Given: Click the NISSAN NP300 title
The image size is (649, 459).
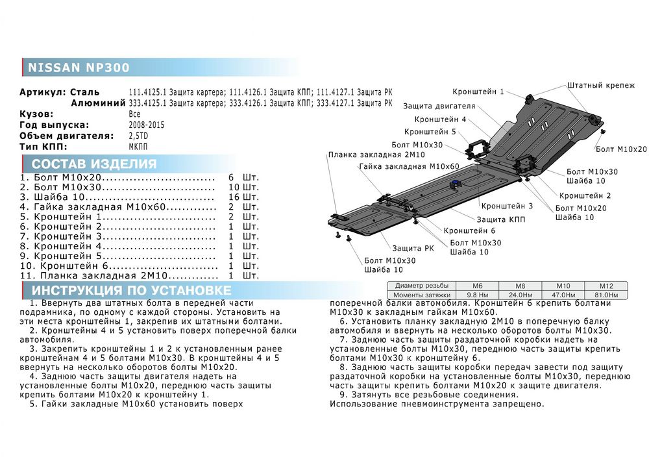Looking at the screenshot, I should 78,68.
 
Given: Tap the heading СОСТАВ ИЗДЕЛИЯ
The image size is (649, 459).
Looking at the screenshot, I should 94,164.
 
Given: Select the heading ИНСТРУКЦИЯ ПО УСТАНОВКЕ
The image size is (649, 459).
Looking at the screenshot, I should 132,290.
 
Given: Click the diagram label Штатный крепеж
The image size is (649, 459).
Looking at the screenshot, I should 601,86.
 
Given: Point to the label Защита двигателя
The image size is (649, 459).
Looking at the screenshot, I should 439,106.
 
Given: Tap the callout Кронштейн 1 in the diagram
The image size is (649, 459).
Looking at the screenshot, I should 478,92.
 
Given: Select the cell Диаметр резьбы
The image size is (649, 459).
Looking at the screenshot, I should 421,286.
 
